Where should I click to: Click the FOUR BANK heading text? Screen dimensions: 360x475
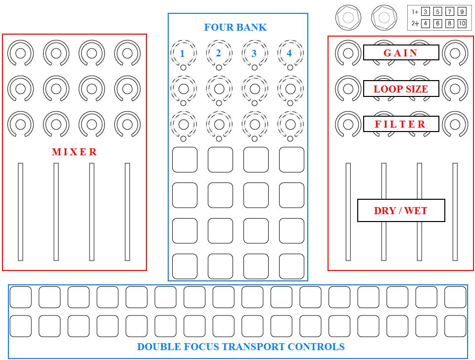click(235, 28)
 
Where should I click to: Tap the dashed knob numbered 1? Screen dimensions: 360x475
click(183, 53)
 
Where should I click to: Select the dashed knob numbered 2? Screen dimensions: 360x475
click(219, 53)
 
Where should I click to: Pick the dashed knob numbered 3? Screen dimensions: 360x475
click(254, 53)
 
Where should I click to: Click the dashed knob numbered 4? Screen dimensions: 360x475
click(290, 53)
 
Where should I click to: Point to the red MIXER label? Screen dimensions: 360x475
click(74, 152)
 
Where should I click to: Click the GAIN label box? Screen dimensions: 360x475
click(401, 52)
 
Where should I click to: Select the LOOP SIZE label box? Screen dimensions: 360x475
click(401, 89)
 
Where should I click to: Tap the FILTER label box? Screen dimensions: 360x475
click(401, 124)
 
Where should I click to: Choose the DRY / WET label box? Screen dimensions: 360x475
click(401, 211)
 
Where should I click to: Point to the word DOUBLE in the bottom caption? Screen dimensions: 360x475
click(158, 347)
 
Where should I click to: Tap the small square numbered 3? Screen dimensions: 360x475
click(426, 11)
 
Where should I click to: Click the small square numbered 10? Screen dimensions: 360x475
click(462, 23)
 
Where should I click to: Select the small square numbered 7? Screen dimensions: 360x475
click(450, 11)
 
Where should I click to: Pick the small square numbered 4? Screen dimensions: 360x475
click(426, 23)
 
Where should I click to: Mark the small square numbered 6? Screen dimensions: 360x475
click(437, 23)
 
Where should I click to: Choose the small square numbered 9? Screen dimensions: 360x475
click(462, 11)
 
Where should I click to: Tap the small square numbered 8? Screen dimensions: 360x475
click(450, 23)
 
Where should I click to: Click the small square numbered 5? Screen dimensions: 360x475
click(437, 11)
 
